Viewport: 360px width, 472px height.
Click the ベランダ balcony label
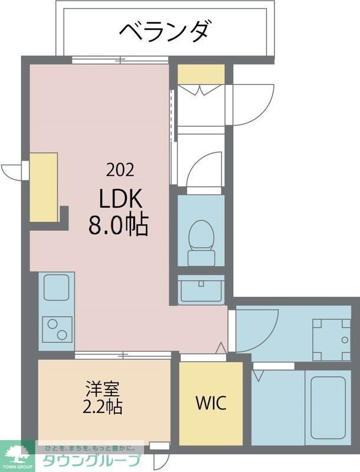pos(165,29)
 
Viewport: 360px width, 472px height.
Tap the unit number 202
pos(120,171)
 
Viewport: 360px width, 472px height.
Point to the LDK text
pos(120,199)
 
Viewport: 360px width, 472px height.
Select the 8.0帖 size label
pos(118,225)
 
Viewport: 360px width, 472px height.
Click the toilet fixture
pos(201,242)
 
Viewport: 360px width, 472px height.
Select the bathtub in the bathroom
pos(328,407)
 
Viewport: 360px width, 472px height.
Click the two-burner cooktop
pos(57,329)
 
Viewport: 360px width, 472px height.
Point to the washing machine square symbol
pos(330,339)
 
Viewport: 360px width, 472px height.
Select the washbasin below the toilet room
pos(201,290)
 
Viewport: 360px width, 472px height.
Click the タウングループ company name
pos(91,461)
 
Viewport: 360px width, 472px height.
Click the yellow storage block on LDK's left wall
pos(44,187)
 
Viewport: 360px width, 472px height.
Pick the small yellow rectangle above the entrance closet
pos(201,74)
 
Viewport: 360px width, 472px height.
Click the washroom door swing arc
pos(260,328)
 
